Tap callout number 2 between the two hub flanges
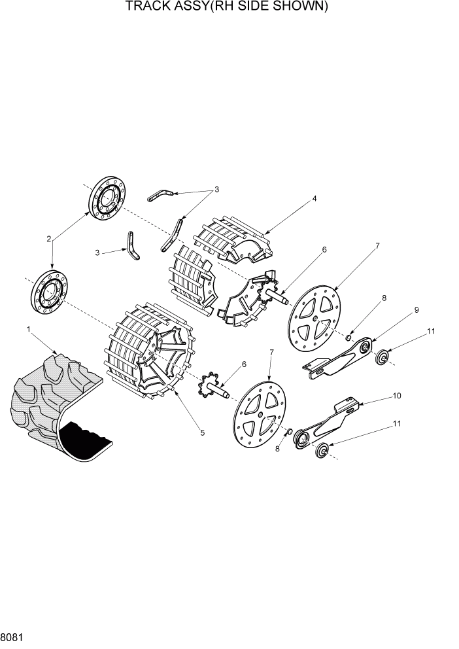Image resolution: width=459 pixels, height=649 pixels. [x=49, y=239]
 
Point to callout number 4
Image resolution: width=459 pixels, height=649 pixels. [x=314, y=199]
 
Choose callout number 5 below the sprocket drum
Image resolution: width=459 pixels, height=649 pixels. [x=202, y=432]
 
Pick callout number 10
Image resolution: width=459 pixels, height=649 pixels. [x=397, y=396]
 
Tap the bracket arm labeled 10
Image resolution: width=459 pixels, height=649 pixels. [x=327, y=422]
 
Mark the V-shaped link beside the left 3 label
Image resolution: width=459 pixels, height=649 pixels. [x=134, y=247]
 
